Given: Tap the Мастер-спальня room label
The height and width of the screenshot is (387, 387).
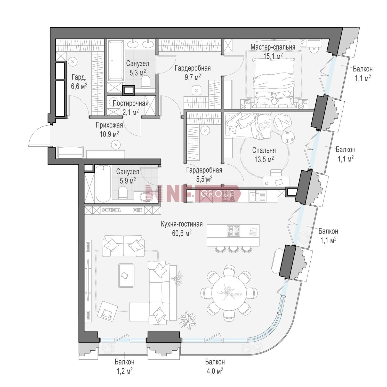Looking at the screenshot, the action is click(x=273, y=47).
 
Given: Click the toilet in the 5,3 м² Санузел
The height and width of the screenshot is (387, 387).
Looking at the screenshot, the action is click(x=146, y=82).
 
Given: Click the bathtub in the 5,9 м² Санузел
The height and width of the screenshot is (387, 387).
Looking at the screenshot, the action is click(x=103, y=184).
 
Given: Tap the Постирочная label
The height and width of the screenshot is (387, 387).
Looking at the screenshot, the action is click(x=131, y=103).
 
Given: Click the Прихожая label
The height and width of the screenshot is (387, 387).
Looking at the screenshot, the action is click(x=109, y=125).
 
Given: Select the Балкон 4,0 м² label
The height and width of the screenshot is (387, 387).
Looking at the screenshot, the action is click(x=215, y=366).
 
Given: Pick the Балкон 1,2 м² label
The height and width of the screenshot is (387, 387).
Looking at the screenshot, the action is click(x=124, y=366).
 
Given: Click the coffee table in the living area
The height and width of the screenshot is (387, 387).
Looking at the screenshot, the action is click(x=126, y=275).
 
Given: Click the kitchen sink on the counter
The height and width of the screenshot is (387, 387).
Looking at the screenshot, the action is click(x=254, y=196).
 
